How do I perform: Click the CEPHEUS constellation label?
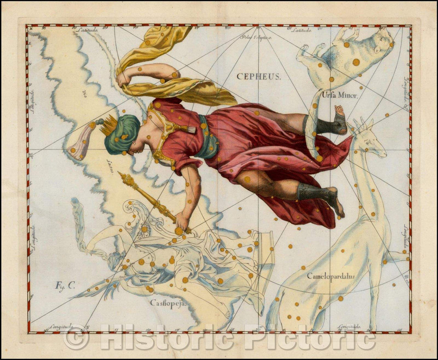click(x=258, y=76)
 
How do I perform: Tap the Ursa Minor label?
click(x=339, y=96)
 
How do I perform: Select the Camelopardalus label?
click(x=331, y=276)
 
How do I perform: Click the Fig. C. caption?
click(x=65, y=285)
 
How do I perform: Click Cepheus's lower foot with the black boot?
click(x=331, y=199)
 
